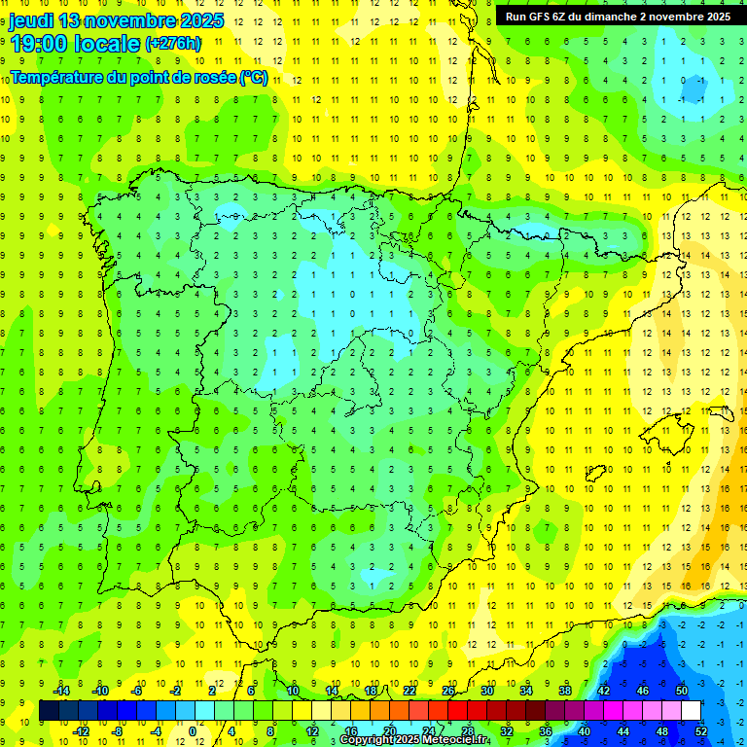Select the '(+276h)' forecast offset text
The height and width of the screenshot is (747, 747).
pos(173,44)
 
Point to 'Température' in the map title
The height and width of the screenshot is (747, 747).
pos(60,78)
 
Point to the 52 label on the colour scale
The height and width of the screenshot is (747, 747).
pos(701,730)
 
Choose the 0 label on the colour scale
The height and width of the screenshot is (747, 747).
pos(193,730)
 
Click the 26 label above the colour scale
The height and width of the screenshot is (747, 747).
pos(448,691)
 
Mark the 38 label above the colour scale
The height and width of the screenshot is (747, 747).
pos(564,691)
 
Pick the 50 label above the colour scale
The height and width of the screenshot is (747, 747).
pos(681,691)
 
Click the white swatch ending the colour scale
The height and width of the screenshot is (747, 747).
pos(691,711)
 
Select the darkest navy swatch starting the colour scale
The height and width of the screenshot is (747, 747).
pos(49,711)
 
